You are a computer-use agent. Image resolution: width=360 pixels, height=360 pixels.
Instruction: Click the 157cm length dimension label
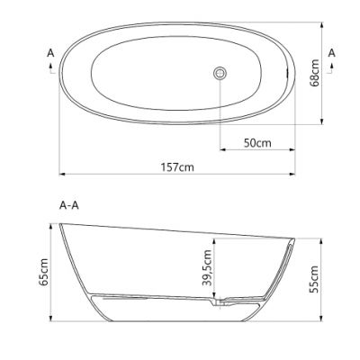click(176, 167)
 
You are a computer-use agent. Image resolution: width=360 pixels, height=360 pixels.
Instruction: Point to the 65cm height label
click(43, 273)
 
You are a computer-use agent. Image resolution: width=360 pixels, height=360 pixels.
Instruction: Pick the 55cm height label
click(313, 279)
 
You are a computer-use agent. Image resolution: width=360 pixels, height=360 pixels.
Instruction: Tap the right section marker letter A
click(332, 53)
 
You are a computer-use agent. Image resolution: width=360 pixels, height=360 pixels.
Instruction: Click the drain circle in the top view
click(219, 73)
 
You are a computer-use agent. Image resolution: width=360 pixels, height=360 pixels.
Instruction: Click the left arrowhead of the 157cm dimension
click(62, 175)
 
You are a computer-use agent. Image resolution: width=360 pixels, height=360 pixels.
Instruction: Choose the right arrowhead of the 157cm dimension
click(293, 175)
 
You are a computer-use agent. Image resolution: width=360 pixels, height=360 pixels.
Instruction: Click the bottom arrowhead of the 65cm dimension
click(52, 319)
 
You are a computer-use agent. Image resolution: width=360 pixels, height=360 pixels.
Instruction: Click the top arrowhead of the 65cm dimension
click(52, 224)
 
